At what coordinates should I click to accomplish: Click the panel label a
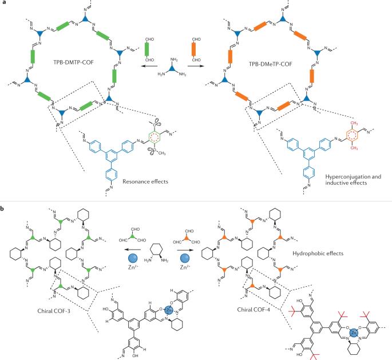[x=3, y=4]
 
